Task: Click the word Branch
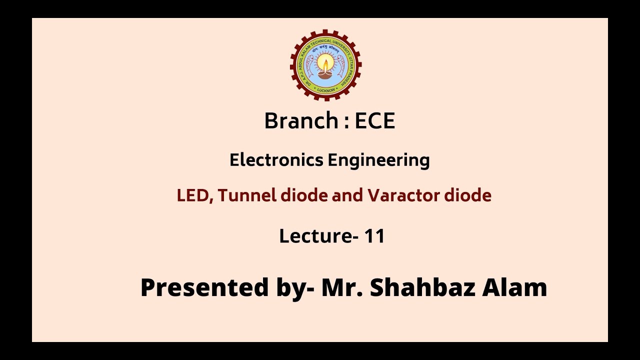[x=301, y=121]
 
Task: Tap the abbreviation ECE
[x=375, y=121]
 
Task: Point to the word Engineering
[x=379, y=161]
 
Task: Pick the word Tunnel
[x=247, y=195]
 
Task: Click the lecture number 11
[x=374, y=236]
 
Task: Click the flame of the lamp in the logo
[x=326, y=64]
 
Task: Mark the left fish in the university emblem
[x=307, y=63]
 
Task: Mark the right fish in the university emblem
[x=344, y=63]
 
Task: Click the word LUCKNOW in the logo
[x=326, y=89]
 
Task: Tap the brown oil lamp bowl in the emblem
[x=326, y=74]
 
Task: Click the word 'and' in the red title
[x=348, y=195]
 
